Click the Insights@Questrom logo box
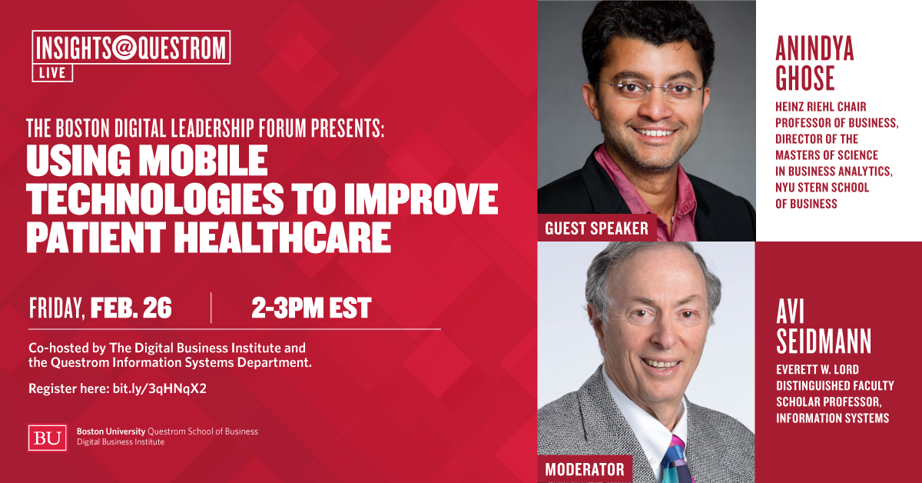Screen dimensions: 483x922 coord(131,48)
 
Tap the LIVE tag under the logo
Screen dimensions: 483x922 coord(52,73)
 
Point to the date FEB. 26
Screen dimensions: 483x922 coord(131,308)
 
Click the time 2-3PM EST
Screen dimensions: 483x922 coord(311,308)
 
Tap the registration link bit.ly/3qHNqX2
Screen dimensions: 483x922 coord(160,388)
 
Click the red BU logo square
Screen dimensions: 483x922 coord(48,437)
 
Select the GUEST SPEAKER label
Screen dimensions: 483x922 coord(596,228)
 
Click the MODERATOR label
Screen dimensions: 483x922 coord(585,469)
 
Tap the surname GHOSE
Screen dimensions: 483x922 coord(806,78)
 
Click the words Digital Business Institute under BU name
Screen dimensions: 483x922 coord(120,442)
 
